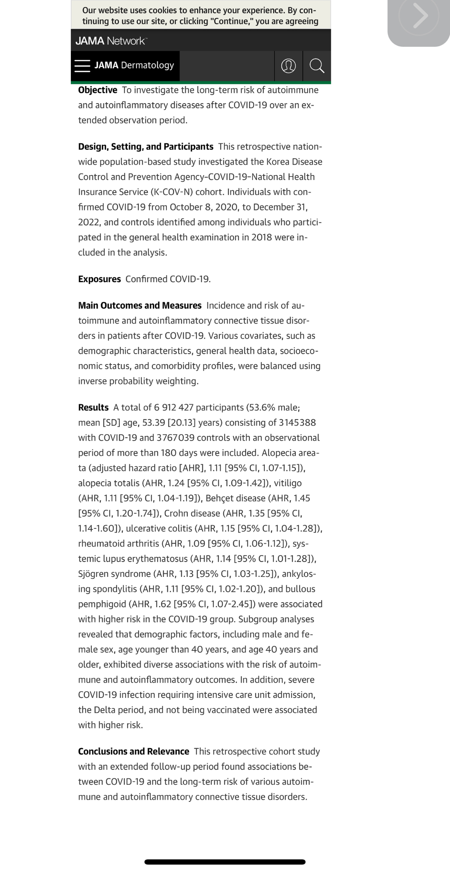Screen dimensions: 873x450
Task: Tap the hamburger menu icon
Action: (x=82, y=66)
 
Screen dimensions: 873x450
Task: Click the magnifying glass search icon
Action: (x=317, y=66)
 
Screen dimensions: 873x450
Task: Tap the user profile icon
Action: (x=288, y=66)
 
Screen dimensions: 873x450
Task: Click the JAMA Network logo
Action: (x=111, y=41)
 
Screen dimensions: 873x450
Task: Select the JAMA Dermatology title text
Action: (x=134, y=66)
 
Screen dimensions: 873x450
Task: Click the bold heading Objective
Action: (x=98, y=90)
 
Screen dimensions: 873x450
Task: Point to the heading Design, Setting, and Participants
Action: (x=145, y=147)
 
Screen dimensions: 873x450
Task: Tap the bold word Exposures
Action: (x=99, y=279)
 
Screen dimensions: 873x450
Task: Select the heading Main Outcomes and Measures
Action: (x=140, y=306)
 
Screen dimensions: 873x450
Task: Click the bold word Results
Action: (x=93, y=407)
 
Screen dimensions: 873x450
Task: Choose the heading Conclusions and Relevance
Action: (x=133, y=752)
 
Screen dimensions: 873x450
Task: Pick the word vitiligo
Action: (x=288, y=483)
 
